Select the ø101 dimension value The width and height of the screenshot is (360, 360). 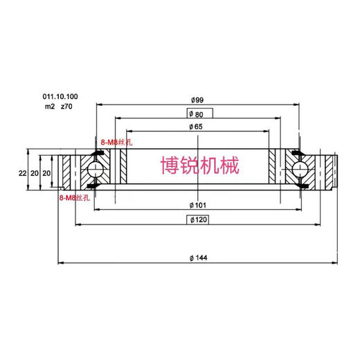(x=199, y=205)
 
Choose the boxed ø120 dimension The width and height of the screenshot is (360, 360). (x=199, y=220)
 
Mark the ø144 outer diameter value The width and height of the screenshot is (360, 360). (x=199, y=258)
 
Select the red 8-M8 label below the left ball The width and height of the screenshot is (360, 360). (x=74, y=198)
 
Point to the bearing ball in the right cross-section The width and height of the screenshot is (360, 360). (x=300, y=169)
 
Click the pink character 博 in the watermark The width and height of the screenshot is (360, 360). (x=169, y=165)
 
